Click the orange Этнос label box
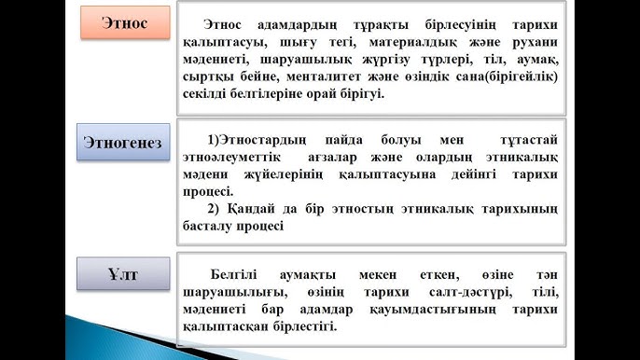pyautogui.click(x=125, y=21)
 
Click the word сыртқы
pyautogui.click(x=216, y=76)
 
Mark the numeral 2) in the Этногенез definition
pyautogui.click(x=215, y=208)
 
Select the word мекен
pyautogui.click(x=378, y=276)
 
